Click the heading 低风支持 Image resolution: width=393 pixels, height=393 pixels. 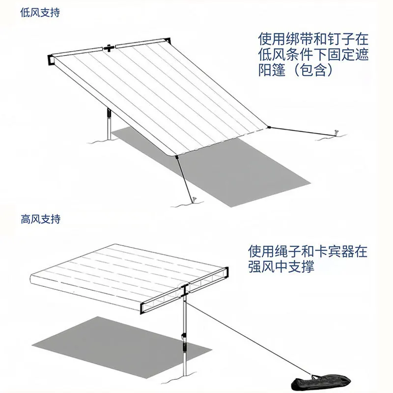point(40,13)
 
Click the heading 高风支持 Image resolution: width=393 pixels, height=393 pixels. point(40,219)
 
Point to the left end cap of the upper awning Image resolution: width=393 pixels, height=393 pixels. point(51,59)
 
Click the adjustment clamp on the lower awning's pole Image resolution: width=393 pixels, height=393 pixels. point(184,339)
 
